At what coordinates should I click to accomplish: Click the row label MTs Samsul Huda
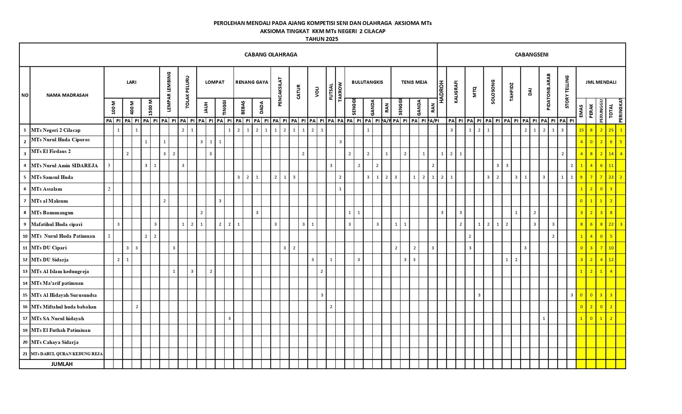coord(52,177)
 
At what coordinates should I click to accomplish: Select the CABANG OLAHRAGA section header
coord(271,55)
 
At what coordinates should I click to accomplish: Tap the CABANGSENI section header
coord(531,55)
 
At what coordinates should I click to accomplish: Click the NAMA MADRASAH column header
coord(67,95)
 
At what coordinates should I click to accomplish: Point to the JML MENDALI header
coord(601,82)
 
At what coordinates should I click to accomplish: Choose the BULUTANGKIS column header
coord(367,82)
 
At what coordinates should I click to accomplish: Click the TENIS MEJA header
coord(414,82)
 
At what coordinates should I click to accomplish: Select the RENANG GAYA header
coord(252,82)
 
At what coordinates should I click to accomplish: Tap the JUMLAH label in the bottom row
coord(62,364)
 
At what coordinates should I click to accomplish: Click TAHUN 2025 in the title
coord(322,39)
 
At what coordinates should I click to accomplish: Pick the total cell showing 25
coord(611,130)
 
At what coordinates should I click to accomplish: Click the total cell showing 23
coord(611,177)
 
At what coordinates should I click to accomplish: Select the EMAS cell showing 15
coord(581,130)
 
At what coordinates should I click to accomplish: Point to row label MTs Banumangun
coord(52,213)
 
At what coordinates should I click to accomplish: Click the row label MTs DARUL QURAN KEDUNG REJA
coord(67,354)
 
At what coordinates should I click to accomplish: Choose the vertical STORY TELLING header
coord(567,92)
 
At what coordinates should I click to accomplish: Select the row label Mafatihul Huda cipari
coord(57,224)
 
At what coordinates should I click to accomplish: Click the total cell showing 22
coord(611,224)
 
